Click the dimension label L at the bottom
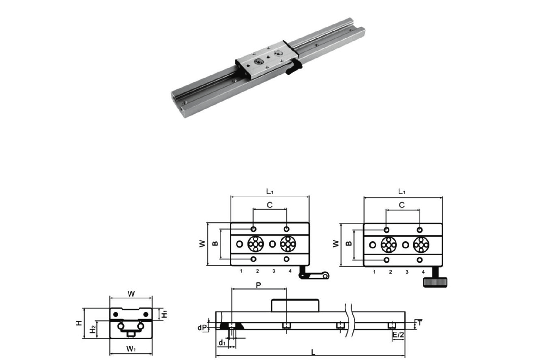pos(313,353)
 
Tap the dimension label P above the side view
pos(258,285)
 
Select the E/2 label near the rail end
pos(398,335)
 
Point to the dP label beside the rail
pos(202,328)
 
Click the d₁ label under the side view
pos(222,343)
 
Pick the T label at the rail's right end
pos(420,322)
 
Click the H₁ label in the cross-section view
pos(164,314)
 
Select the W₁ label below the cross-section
pos(131,349)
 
